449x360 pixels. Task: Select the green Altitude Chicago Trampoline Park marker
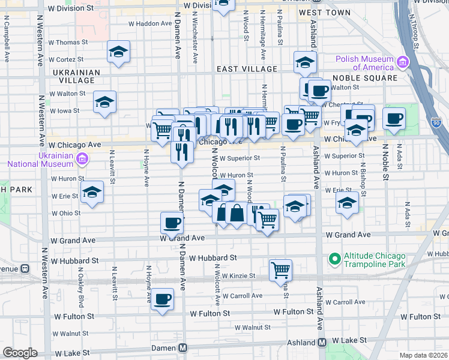click(334, 259)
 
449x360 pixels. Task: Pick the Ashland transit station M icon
click(322, 342)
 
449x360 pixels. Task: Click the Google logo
click(20, 353)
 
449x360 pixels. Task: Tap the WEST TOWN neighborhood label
click(324, 13)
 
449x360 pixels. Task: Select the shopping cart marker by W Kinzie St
click(280, 270)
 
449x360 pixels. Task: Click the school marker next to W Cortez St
click(118, 52)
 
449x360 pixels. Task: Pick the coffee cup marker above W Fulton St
click(161, 299)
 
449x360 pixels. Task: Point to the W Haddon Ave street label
click(151, 24)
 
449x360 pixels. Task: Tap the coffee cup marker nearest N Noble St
click(394, 118)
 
